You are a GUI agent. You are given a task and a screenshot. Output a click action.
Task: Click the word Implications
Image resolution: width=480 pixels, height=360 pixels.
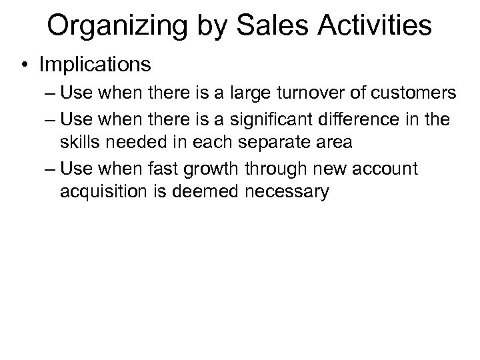tap(95, 65)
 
